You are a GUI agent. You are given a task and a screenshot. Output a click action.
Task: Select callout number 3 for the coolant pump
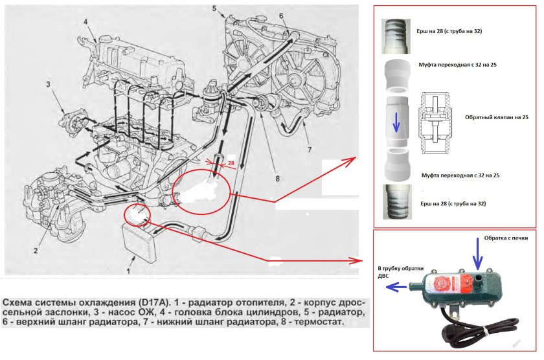48,84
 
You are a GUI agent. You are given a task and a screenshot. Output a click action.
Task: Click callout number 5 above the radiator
214,8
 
